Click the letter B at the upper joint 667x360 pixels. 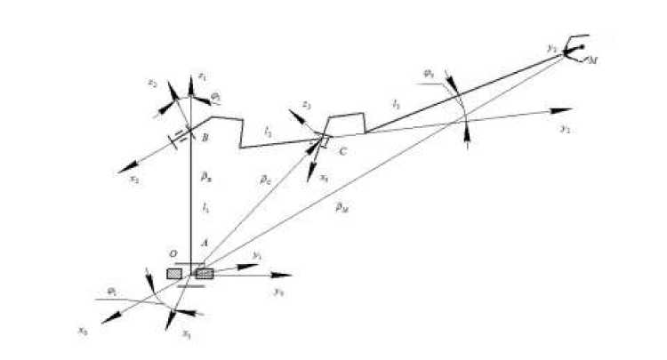point(205,138)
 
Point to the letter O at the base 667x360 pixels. point(174,253)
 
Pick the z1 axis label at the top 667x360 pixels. point(203,76)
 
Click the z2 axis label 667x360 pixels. point(153,84)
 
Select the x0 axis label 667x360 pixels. point(82,330)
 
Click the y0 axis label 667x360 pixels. point(278,292)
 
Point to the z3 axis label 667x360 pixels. point(306,106)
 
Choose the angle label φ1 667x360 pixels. point(111,291)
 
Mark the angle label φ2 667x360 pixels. point(215,94)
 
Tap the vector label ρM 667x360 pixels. point(342,206)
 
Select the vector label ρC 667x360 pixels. point(265,179)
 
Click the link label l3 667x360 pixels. point(396,105)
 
